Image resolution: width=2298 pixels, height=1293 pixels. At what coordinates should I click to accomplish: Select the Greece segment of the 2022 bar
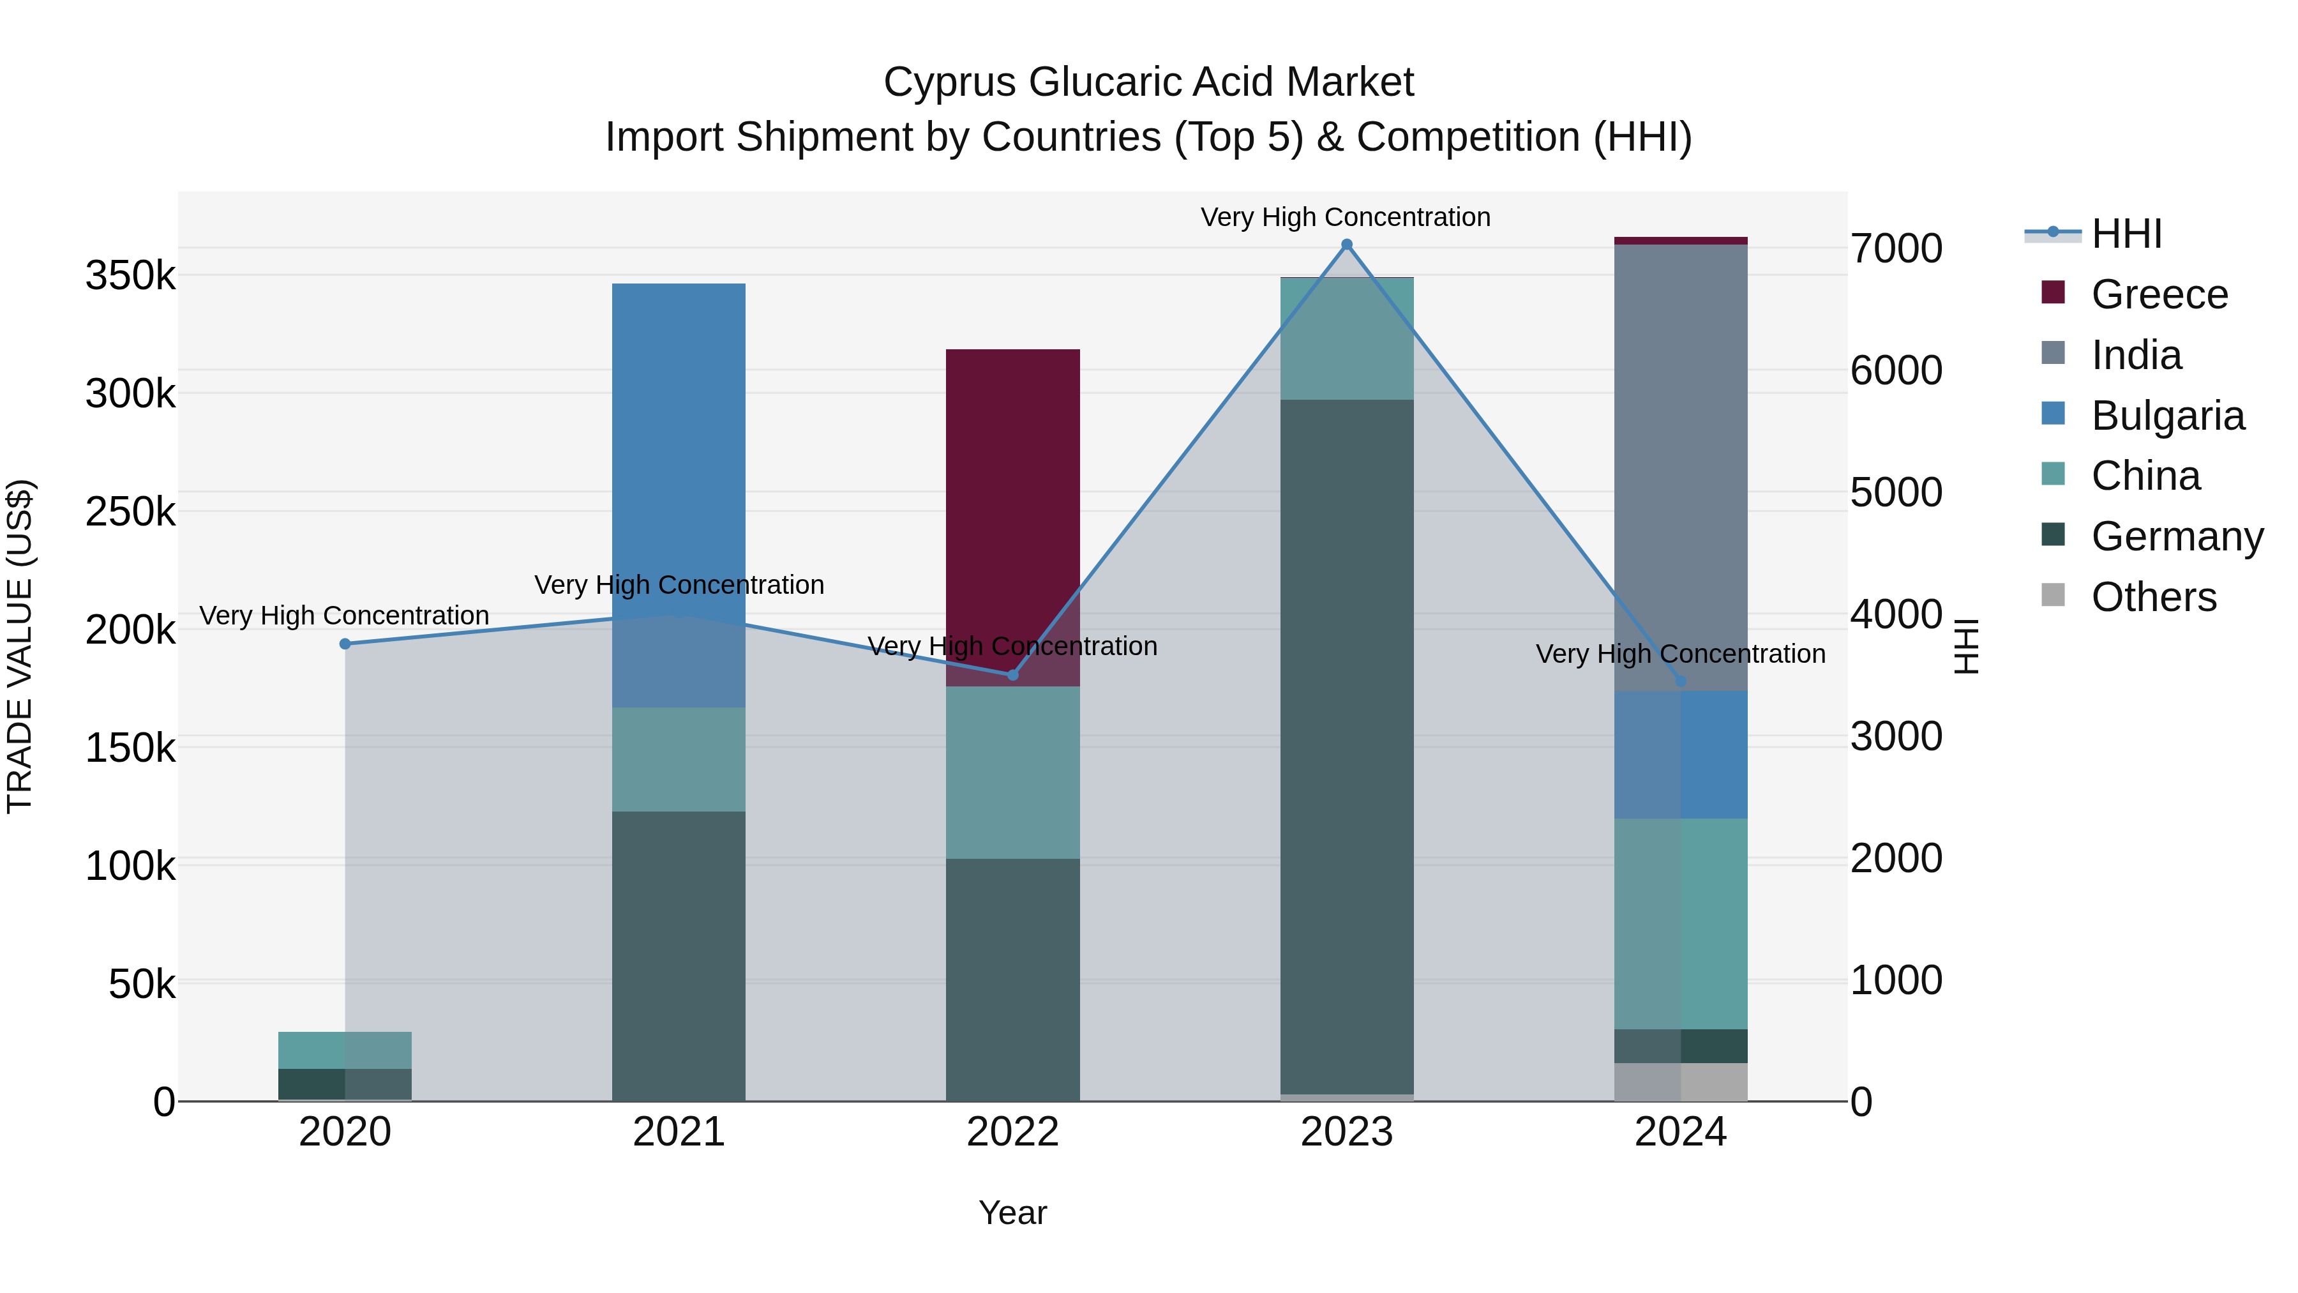coord(1012,518)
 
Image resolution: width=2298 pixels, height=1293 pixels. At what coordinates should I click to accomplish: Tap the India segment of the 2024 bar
coord(1681,467)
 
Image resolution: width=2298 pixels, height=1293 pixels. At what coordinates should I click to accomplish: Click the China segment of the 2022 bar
coord(1012,772)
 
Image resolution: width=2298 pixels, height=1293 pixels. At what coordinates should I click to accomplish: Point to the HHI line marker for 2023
coord(1347,245)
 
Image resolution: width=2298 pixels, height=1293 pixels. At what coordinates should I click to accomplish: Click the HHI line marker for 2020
coord(345,644)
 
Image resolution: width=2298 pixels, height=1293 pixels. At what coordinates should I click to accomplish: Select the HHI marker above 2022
coord(1012,675)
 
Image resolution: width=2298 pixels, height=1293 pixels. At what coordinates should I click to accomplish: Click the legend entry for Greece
coord(2159,294)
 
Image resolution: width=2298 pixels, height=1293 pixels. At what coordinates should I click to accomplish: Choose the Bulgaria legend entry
coord(2167,416)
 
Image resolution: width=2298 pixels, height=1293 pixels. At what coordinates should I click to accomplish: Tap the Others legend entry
coord(2154,597)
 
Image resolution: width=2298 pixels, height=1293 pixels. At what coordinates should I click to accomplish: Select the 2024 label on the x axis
coord(1681,1131)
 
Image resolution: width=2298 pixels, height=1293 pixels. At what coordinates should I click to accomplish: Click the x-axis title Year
coord(1012,1213)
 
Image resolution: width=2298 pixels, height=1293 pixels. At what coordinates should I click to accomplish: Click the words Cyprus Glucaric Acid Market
coord(1148,82)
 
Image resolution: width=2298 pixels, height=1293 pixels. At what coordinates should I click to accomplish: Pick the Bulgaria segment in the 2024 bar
coord(1681,754)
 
